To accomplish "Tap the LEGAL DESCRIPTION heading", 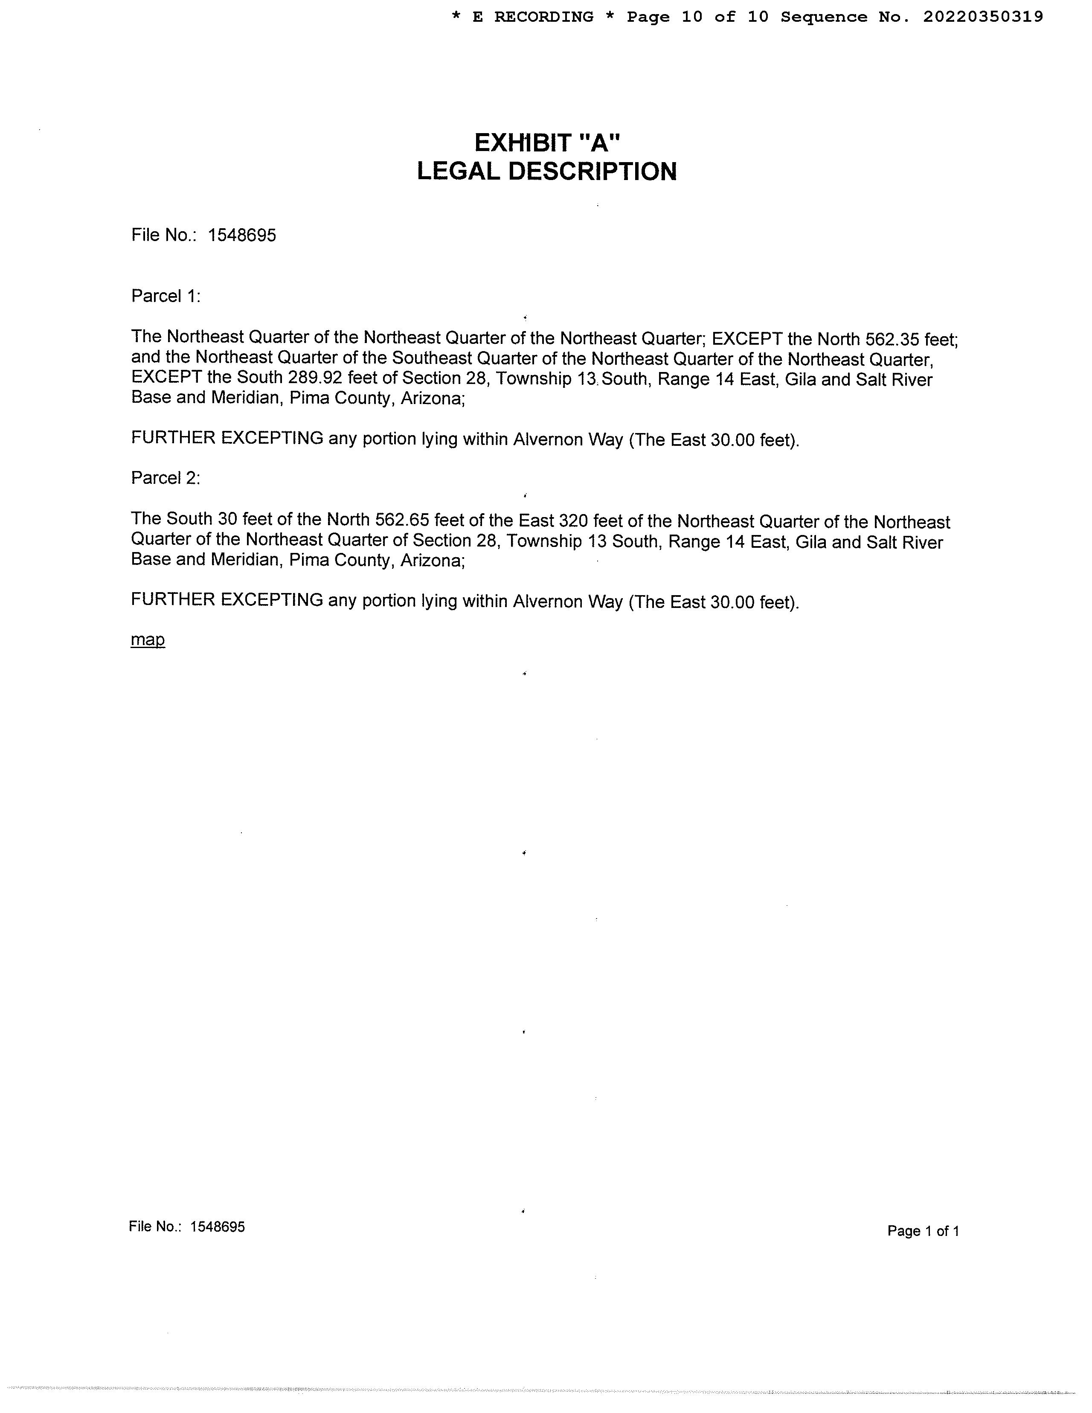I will click(547, 172).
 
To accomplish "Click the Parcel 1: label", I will click(166, 297).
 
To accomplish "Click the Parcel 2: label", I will click(166, 478).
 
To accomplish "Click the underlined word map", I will click(148, 640).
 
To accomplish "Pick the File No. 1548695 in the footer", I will click(187, 1227).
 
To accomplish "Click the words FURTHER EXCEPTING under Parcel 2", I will click(227, 600).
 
